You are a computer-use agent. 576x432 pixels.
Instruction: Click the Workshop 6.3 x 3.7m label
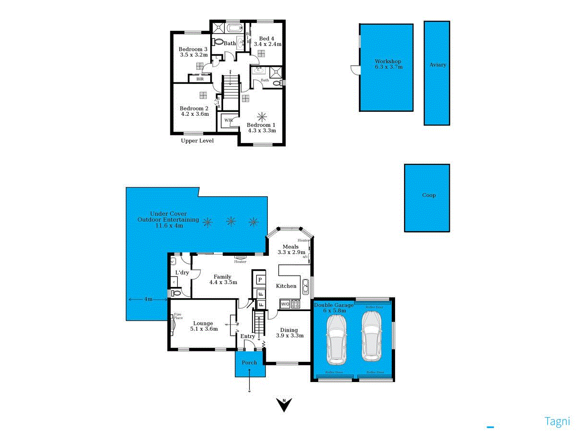[x=388, y=64]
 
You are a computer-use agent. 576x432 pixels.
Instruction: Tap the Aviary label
[x=437, y=65]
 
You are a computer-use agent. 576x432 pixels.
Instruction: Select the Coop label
[x=429, y=195]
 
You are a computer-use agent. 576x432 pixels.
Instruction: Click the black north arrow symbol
[x=285, y=405]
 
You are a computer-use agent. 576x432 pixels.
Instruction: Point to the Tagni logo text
[x=557, y=421]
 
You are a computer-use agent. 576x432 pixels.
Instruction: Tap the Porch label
[x=250, y=363]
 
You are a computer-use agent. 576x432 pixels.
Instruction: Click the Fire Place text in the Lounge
[x=178, y=316]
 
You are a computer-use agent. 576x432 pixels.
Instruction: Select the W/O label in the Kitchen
[x=285, y=304]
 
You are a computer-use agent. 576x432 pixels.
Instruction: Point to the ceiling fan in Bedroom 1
[x=262, y=116]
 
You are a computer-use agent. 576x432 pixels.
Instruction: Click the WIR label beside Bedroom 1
[x=228, y=120]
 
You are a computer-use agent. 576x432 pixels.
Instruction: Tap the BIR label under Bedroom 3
[x=200, y=79]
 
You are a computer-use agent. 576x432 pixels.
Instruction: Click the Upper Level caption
[x=197, y=141]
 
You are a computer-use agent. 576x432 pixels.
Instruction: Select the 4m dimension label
[x=148, y=299]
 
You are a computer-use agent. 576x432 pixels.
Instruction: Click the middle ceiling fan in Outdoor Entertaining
[x=231, y=221]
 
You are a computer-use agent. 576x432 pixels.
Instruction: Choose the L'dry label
[x=182, y=272]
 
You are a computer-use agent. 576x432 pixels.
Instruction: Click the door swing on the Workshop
[x=355, y=71]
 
